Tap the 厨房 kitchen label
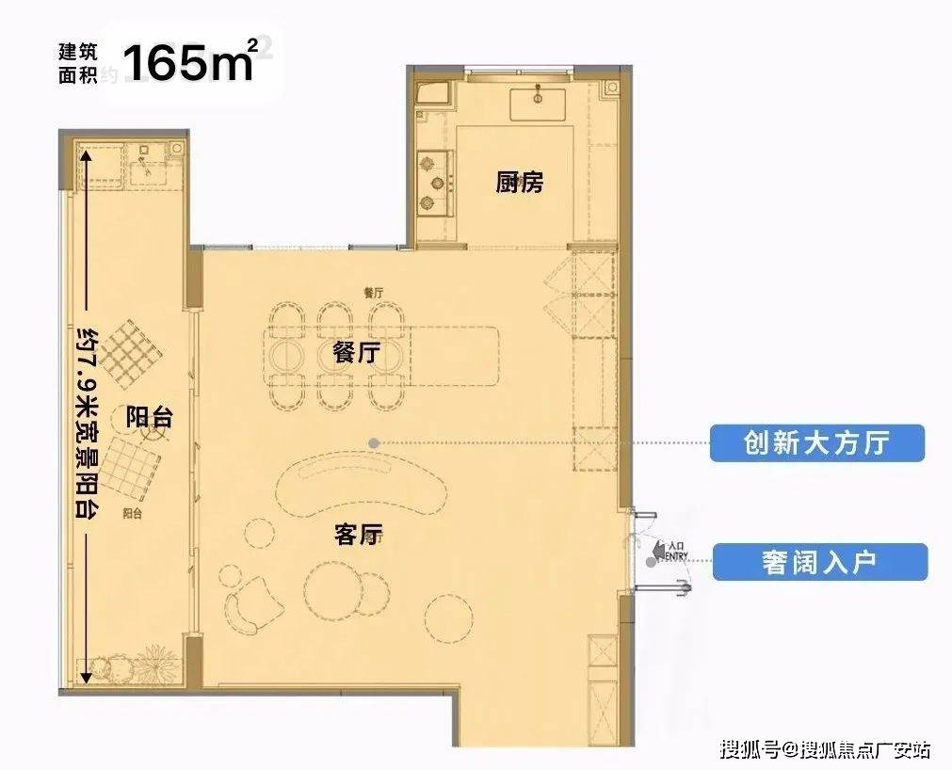tap(520, 183)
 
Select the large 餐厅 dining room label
tap(356, 353)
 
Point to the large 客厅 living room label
tap(358, 535)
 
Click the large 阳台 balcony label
tap(149, 418)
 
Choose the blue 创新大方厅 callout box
tap(816, 442)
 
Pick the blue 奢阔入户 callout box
tap(819, 562)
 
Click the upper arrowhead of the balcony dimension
tap(86, 157)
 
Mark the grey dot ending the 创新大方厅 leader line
tap(374, 442)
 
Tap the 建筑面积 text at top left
tap(76, 64)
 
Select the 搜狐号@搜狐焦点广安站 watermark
tap(825, 749)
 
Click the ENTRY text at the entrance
tap(676, 556)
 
